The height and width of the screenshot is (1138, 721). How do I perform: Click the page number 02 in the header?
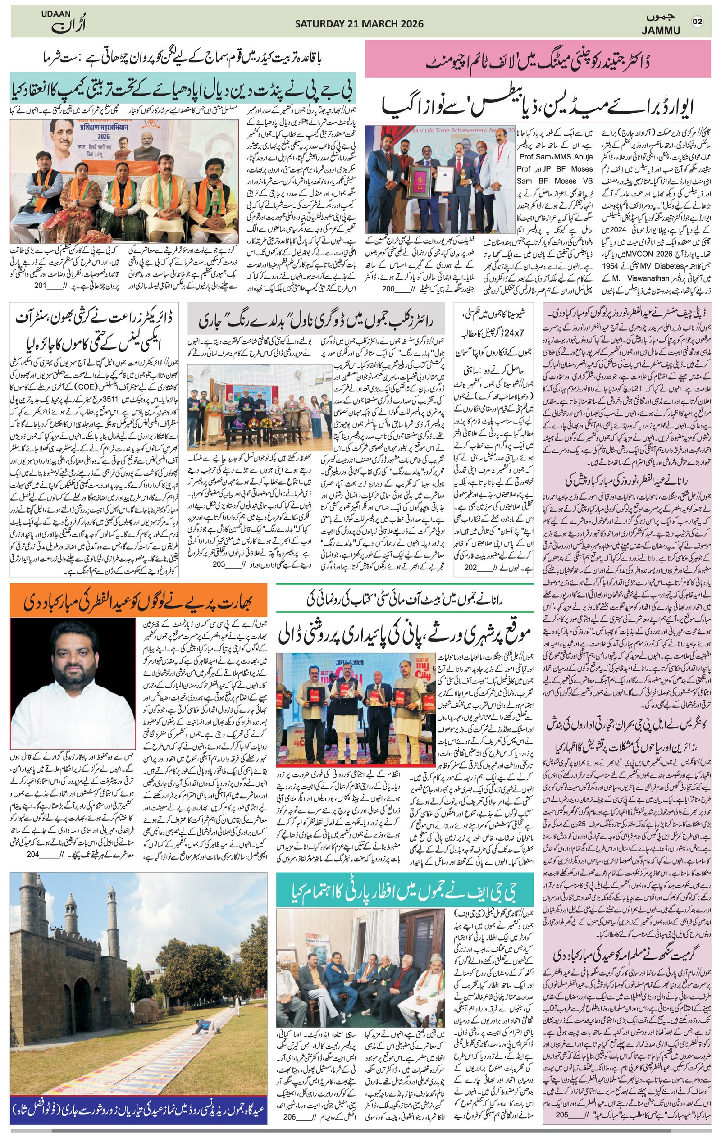698,22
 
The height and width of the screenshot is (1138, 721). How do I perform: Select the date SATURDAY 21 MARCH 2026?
359,23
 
